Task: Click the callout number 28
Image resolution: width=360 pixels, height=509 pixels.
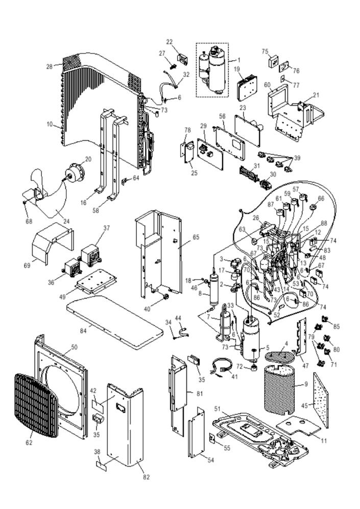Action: (50, 66)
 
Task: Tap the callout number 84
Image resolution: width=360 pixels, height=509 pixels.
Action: (83, 331)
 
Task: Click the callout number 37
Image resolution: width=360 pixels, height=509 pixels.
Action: (107, 228)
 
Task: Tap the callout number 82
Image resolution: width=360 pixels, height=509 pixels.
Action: (147, 477)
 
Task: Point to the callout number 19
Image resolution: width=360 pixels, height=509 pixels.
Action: (237, 68)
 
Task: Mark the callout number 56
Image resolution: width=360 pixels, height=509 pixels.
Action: (222, 116)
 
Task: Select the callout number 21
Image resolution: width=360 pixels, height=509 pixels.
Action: (316, 95)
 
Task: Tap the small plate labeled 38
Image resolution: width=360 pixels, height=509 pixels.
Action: (102, 466)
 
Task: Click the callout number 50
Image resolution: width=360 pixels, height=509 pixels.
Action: (74, 347)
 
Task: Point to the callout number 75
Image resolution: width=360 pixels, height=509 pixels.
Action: (265, 52)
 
